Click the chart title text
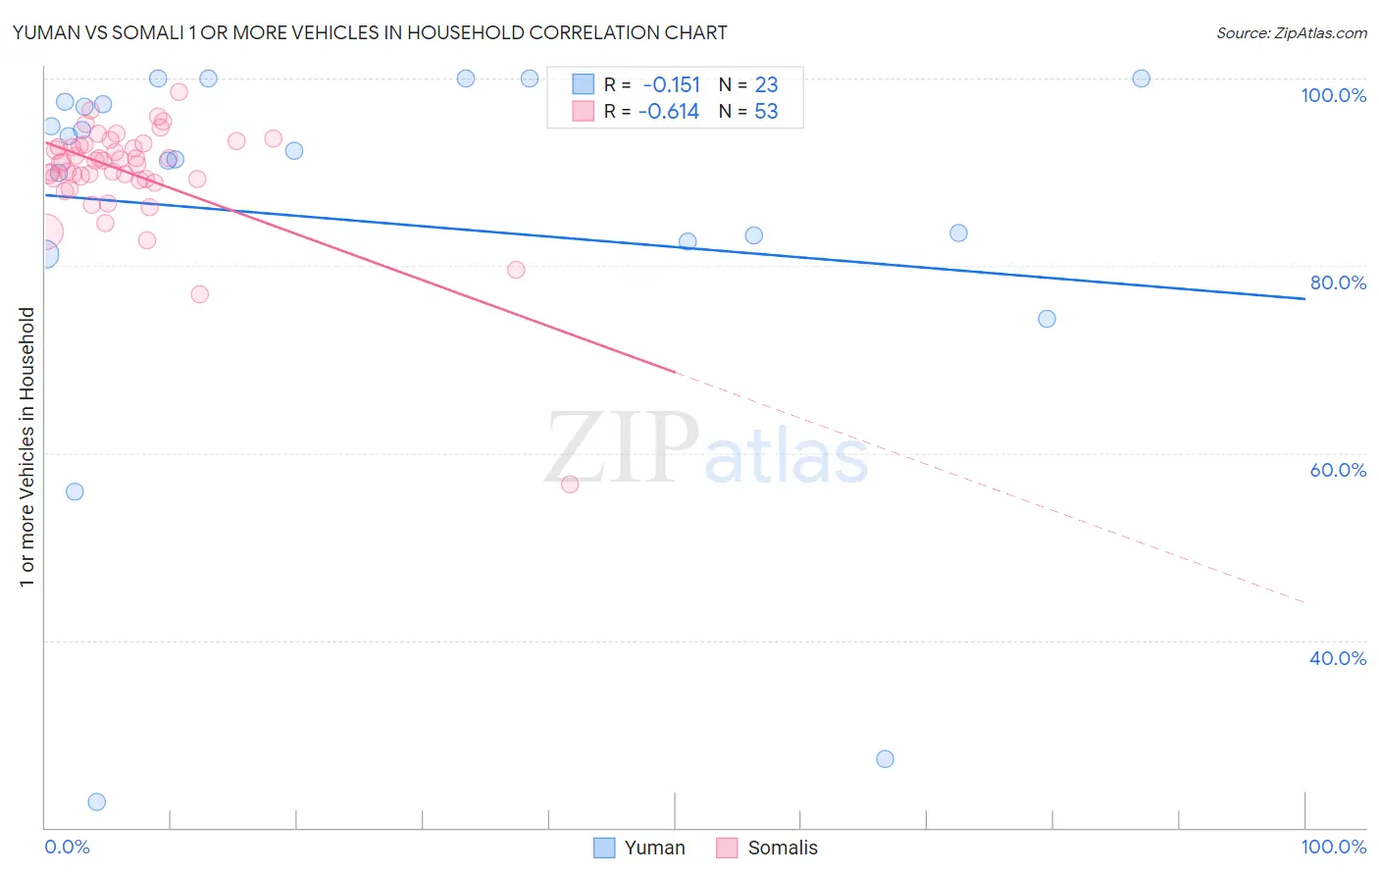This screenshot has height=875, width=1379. pyautogui.click(x=370, y=32)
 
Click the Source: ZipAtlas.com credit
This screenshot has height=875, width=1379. pyautogui.click(x=1291, y=33)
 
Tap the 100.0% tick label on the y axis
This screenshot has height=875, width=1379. pyautogui.click(x=1333, y=95)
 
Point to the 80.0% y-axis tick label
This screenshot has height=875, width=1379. pyautogui.click(x=1338, y=283)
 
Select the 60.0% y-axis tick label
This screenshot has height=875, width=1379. pyautogui.click(x=1338, y=470)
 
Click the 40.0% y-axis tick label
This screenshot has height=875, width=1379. pyautogui.click(x=1338, y=658)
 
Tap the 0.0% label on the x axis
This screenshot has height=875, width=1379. pyautogui.click(x=67, y=847)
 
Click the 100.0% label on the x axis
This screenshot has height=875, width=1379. pyautogui.click(x=1333, y=847)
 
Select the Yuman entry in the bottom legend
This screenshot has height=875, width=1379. pyautogui.click(x=639, y=848)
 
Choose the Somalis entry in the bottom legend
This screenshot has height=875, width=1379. pyautogui.click(x=767, y=848)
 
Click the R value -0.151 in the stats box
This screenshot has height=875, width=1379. pyautogui.click(x=671, y=85)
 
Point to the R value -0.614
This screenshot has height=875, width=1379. pyautogui.click(x=668, y=112)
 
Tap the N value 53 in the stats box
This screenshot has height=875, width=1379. pyautogui.click(x=766, y=112)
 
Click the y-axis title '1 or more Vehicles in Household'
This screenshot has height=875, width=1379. pyautogui.click(x=26, y=447)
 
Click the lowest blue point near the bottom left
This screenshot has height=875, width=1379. pyautogui.click(x=96, y=801)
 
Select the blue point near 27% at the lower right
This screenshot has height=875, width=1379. pyautogui.click(x=885, y=758)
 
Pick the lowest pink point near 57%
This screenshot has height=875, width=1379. pyautogui.click(x=570, y=484)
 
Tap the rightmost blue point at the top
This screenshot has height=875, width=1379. pyautogui.click(x=1141, y=78)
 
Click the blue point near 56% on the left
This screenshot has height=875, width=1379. pyautogui.click(x=75, y=491)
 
